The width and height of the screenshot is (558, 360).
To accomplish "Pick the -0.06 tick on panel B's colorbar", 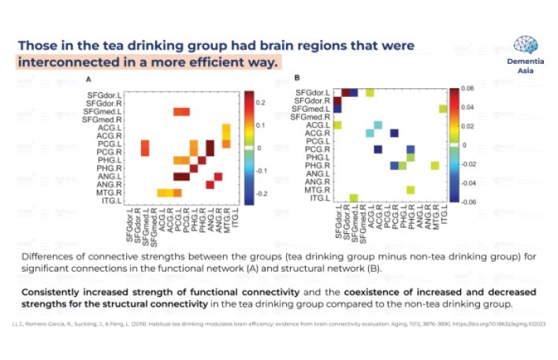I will [x=468, y=202].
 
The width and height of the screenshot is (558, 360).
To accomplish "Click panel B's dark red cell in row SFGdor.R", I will [x=337, y=100].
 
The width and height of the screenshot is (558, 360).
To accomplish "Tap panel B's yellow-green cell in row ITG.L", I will [x=354, y=198].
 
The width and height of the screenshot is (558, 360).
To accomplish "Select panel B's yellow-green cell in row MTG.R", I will [x=411, y=189].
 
